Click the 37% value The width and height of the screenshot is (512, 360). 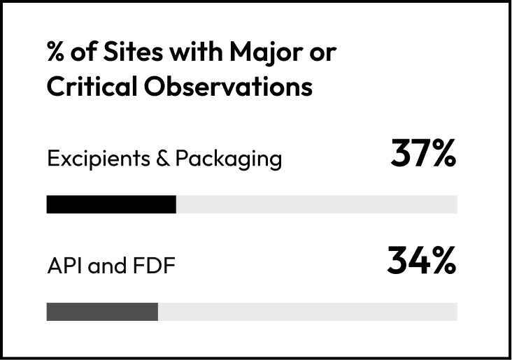point(423,155)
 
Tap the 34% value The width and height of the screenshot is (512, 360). point(422,261)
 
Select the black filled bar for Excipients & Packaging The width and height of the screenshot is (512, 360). point(111,204)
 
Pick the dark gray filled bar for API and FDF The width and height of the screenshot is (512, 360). point(102,312)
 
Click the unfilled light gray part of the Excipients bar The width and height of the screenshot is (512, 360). point(316,204)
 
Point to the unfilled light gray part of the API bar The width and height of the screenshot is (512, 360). point(307,312)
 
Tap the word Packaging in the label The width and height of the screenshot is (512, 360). point(228,160)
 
